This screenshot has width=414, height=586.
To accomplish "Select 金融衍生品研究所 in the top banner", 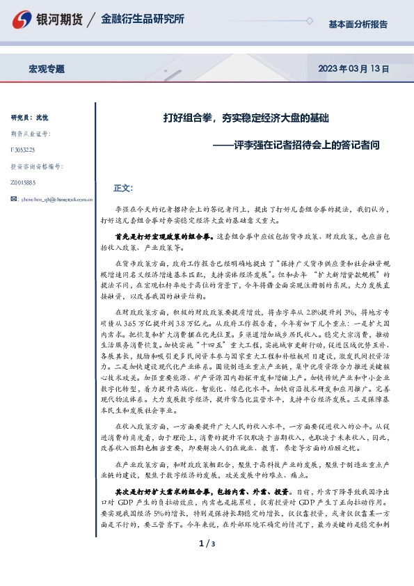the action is click(x=143, y=19).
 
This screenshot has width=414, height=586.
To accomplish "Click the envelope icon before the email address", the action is click(x=15, y=199).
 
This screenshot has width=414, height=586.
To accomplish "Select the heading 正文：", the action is click(x=122, y=189).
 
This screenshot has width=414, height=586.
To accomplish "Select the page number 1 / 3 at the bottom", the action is click(x=207, y=562).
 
